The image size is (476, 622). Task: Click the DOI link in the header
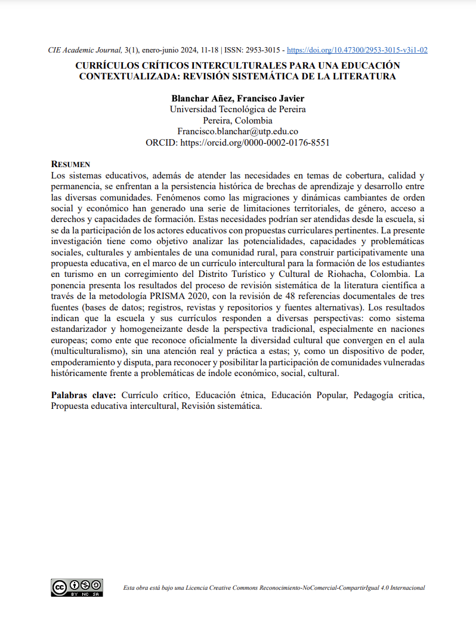(357, 50)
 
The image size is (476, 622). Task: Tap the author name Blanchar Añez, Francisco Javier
(238, 98)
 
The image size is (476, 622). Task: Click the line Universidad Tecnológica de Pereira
(238, 109)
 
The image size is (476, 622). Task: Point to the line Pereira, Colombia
(238, 121)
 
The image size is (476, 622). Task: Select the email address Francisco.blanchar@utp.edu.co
(238, 131)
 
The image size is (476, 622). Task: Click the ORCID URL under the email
(255, 143)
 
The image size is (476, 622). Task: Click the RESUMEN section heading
(70, 164)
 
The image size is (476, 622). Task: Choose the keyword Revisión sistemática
(222, 407)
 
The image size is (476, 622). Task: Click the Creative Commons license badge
(77, 587)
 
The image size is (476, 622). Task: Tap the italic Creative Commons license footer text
(274, 588)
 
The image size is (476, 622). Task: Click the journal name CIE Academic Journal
(85, 50)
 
